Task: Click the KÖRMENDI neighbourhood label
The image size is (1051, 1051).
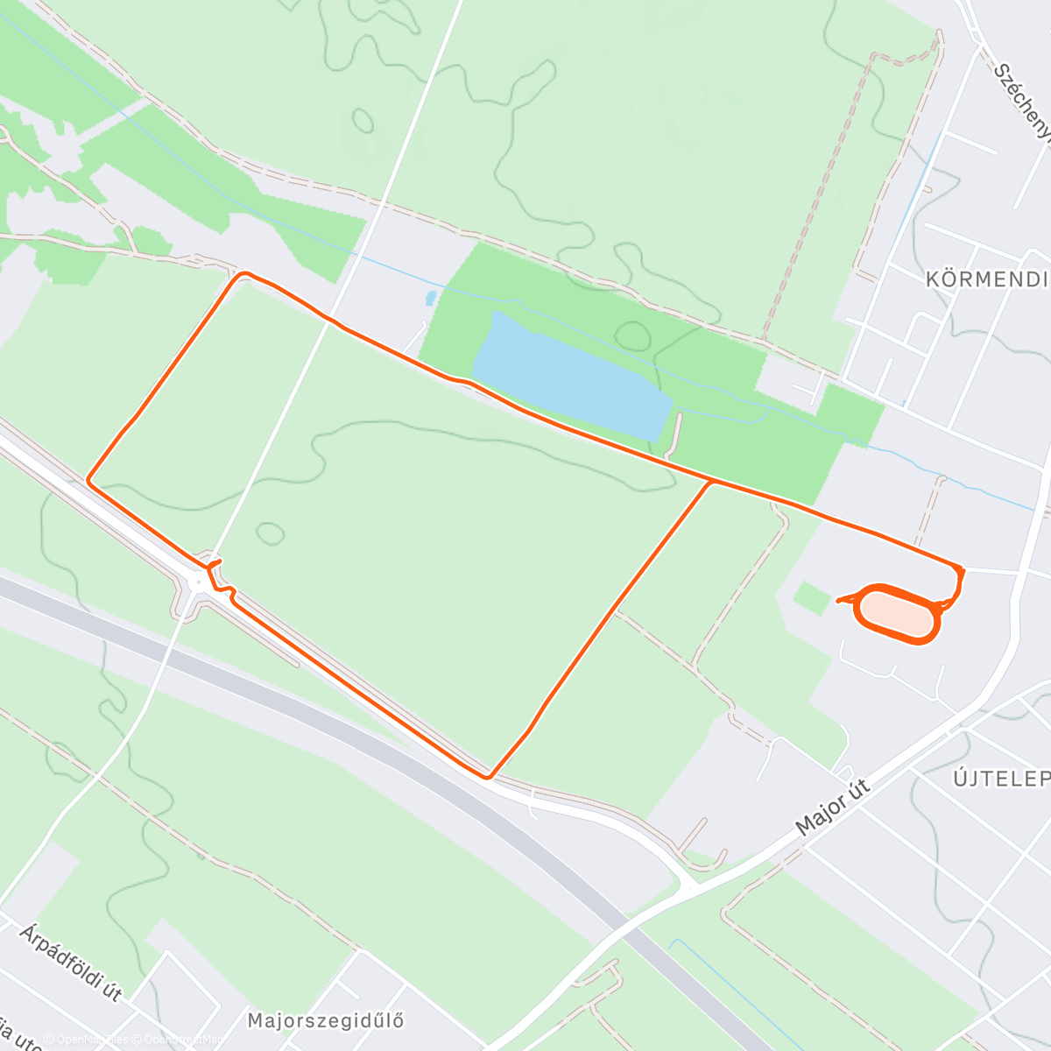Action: (x=986, y=279)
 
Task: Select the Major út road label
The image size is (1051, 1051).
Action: (x=832, y=807)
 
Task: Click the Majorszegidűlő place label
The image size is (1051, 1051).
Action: (x=325, y=1020)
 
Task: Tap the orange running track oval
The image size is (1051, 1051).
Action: (x=897, y=613)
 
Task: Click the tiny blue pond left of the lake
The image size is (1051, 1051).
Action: (x=431, y=298)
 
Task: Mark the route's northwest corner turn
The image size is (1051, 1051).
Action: (x=243, y=274)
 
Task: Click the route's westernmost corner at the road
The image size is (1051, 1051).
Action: (x=88, y=480)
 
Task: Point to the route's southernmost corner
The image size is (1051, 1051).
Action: (x=487, y=776)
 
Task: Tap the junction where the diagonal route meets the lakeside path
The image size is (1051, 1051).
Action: (x=711, y=481)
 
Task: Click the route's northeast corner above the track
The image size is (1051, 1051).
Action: (x=962, y=569)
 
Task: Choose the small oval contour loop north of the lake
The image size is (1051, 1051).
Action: (x=633, y=335)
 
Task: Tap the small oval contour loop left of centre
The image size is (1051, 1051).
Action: (x=270, y=532)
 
